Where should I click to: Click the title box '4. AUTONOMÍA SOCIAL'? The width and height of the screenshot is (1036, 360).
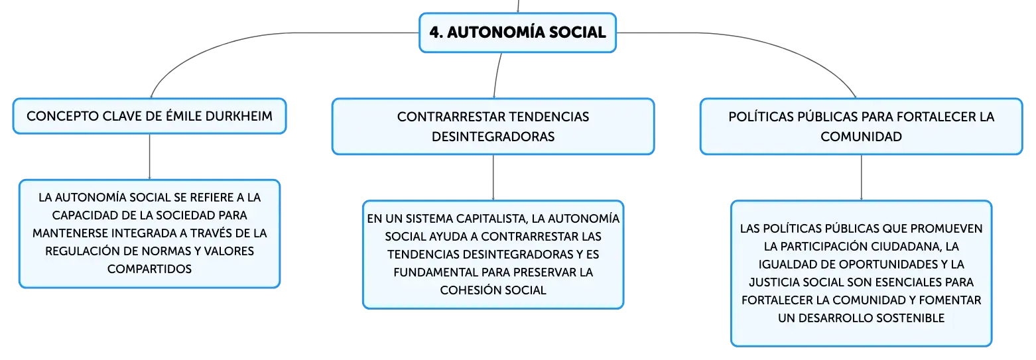[517, 32]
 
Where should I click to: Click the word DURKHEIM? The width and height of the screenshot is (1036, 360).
[239, 116]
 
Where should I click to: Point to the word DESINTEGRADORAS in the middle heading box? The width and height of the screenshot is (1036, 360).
[493, 137]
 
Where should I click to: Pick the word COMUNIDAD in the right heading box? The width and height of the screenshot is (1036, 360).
[861, 137]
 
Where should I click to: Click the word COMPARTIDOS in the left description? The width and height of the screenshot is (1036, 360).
[149, 269]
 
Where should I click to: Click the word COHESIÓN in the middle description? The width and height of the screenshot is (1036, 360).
[470, 290]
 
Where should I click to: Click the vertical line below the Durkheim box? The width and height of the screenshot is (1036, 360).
[149, 156]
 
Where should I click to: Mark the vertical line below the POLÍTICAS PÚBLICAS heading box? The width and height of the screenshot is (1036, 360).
[861, 178]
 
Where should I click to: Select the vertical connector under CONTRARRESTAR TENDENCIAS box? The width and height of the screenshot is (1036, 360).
[493, 178]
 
